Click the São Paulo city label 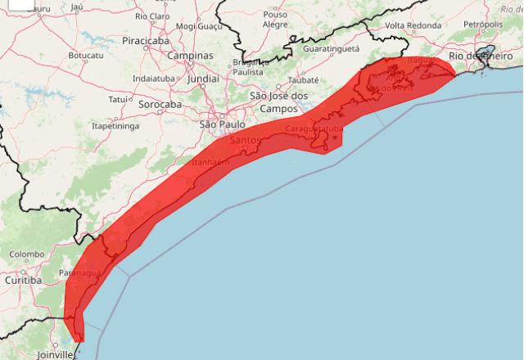click(221, 124)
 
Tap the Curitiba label click(23, 281)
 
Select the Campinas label click(190, 56)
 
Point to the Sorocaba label click(160, 105)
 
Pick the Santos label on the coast click(246, 141)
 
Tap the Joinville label click(54, 354)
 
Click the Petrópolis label click(483, 25)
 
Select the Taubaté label click(304, 81)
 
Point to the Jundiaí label click(202, 79)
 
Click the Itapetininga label click(115, 126)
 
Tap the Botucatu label click(86, 56)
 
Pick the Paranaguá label click(80, 272)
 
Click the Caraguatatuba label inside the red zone click(314, 129)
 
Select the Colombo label click(27, 254)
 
